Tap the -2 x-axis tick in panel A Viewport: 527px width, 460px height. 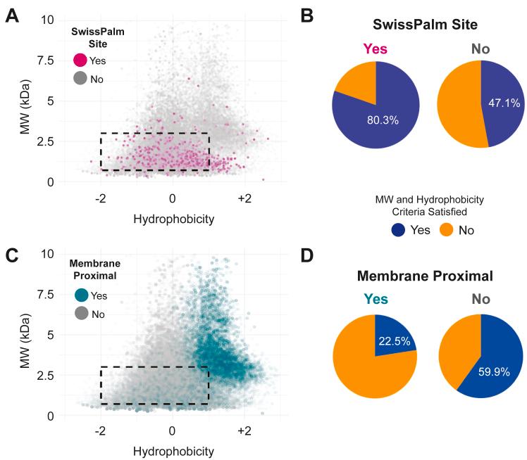(101, 199)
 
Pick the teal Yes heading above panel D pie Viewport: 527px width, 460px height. (375, 298)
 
